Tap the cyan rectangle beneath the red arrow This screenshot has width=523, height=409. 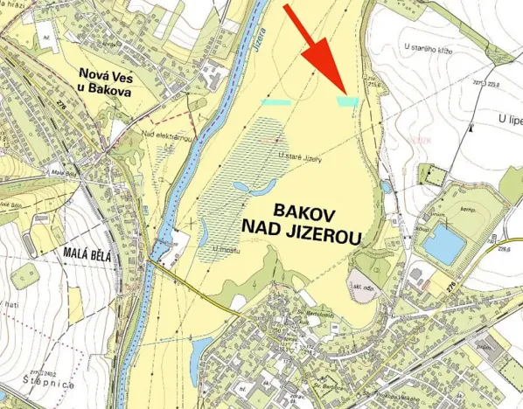[x=347, y=102]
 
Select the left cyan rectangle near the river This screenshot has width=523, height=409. [x=275, y=102]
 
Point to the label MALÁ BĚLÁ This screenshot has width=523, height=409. [x=91, y=254]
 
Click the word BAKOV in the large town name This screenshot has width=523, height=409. [x=304, y=211]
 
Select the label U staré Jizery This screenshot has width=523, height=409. [x=300, y=158]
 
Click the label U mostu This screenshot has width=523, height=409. [x=226, y=248]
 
